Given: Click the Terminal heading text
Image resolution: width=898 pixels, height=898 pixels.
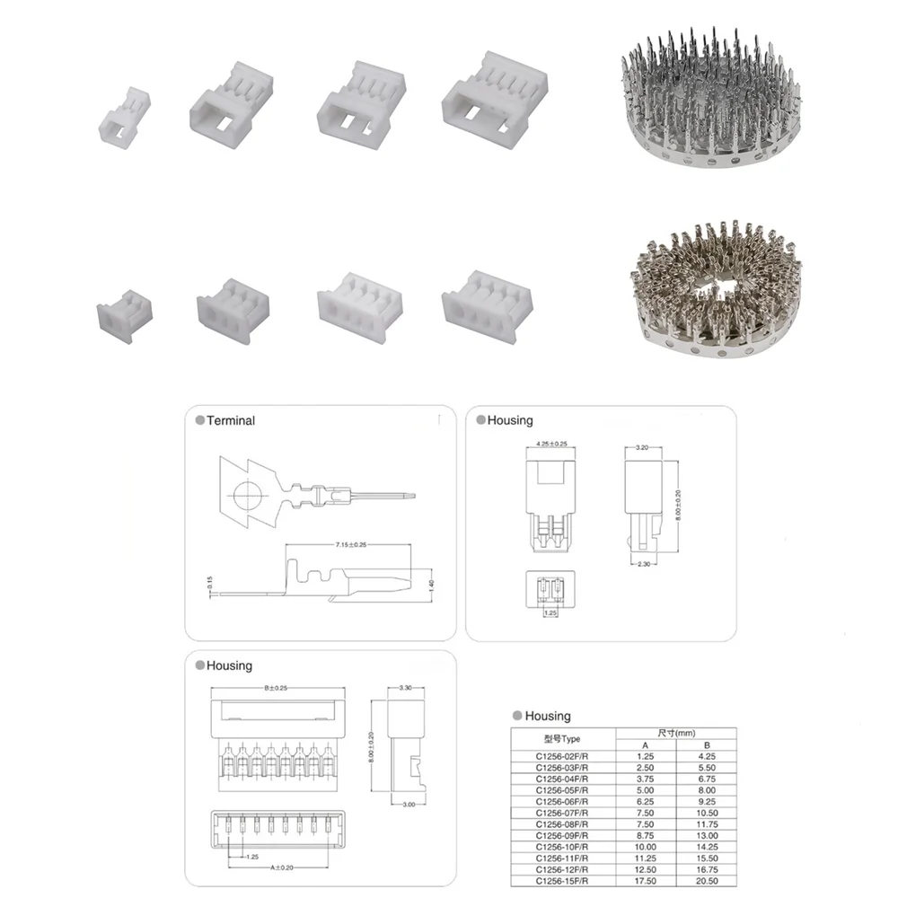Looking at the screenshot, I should (231, 420).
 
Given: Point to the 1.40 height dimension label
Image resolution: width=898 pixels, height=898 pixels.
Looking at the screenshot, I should (432, 584).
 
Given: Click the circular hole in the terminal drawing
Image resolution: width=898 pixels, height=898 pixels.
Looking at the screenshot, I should (247, 494).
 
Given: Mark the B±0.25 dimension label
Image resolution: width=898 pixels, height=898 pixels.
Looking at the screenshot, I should (277, 688).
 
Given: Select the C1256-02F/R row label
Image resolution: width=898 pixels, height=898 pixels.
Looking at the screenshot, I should (563, 756).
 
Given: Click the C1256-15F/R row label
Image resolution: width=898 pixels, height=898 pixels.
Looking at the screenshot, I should (563, 882).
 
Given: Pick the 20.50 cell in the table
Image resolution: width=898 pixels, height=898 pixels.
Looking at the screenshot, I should (706, 882).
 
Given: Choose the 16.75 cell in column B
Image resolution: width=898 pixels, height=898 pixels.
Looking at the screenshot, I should (706, 870).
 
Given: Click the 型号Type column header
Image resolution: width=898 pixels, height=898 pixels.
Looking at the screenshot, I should (563, 738).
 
